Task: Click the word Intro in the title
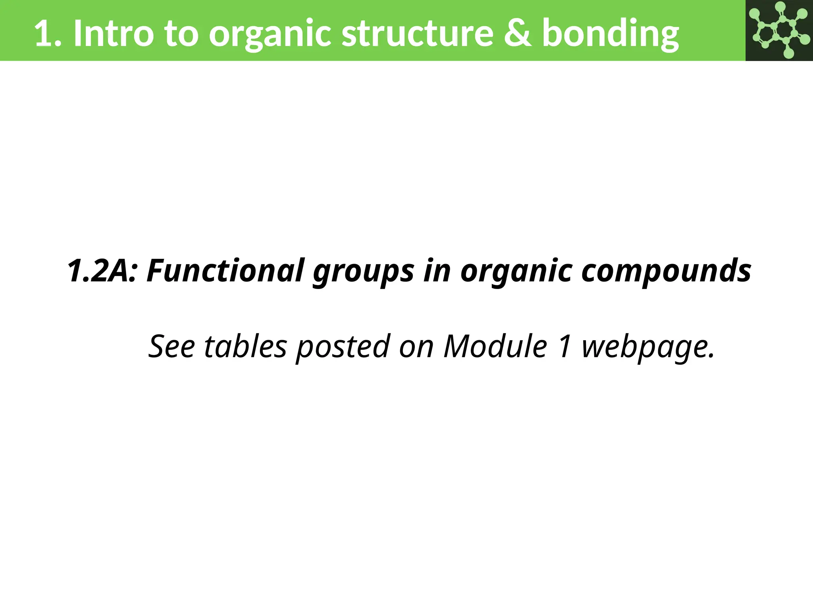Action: tap(114, 33)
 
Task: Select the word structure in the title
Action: tap(417, 33)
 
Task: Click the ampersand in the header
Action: tap(518, 33)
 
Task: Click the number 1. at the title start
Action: tap(48, 33)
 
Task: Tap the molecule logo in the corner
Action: tap(779, 30)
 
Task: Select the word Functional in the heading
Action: tap(226, 271)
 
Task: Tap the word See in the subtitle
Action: tap(171, 347)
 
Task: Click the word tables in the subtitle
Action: tap(245, 347)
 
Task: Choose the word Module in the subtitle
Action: tap(495, 347)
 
